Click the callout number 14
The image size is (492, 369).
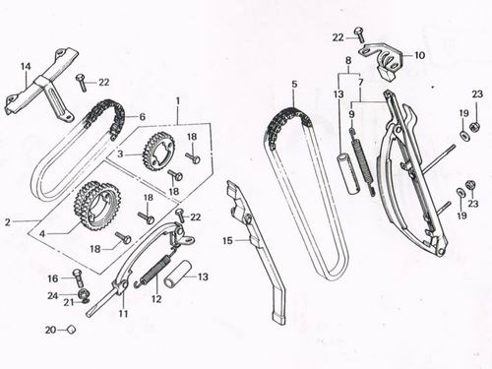pyautogui.click(x=27, y=68)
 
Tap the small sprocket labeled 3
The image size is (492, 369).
pyautogui.click(x=157, y=153)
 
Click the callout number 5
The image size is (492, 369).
pyautogui.click(x=292, y=86)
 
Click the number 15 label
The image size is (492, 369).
pyautogui.click(x=225, y=240)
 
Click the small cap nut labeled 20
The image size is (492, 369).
pyautogui.click(x=72, y=331)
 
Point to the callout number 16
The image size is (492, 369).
pyautogui.click(x=52, y=278)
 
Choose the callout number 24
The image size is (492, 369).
pyautogui.click(x=52, y=295)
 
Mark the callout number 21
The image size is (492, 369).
pyautogui.click(x=69, y=302)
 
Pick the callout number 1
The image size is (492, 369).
pyautogui.click(x=178, y=99)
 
